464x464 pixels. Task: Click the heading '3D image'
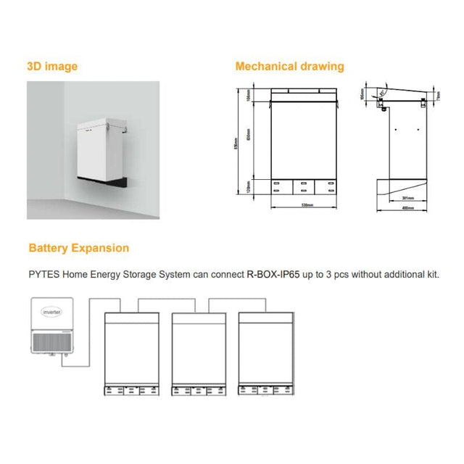[x=52, y=67]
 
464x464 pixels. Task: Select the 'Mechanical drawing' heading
[x=289, y=67]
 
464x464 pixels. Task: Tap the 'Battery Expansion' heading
[x=78, y=248]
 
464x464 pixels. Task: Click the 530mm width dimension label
[x=304, y=205]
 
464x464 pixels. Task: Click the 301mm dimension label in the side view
[x=407, y=197]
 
